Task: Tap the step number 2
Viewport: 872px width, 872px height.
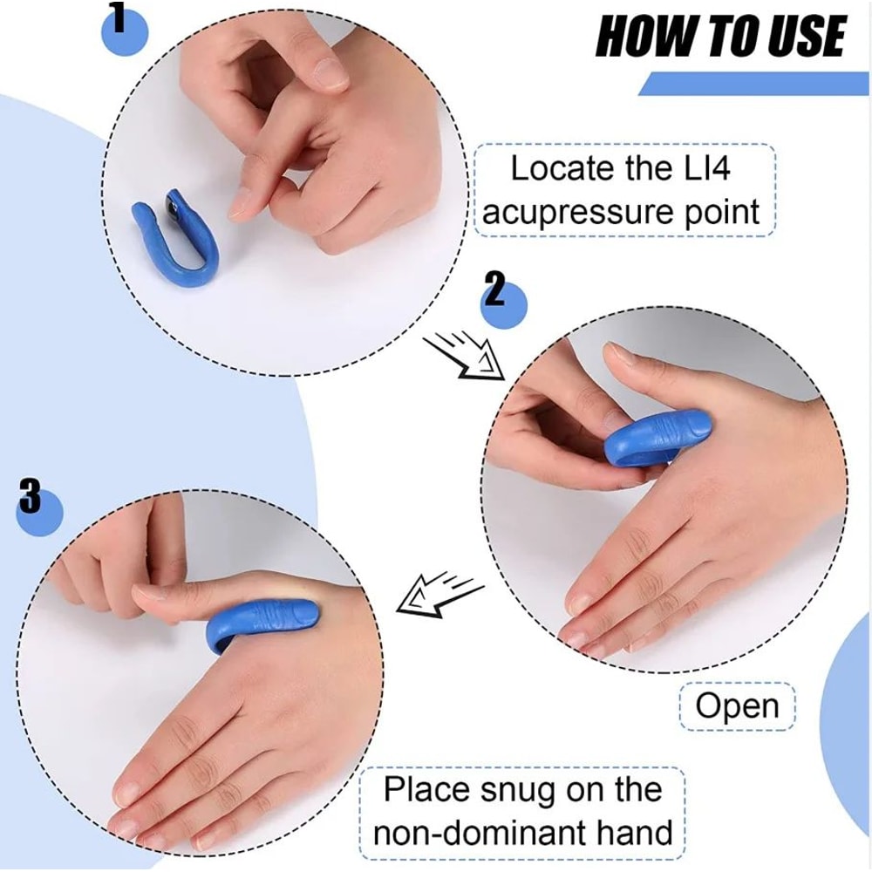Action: click(x=494, y=290)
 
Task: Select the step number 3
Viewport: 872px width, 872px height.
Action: click(x=31, y=499)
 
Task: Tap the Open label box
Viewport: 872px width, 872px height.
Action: click(x=737, y=706)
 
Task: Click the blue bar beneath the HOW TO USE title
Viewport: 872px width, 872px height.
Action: click(x=754, y=84)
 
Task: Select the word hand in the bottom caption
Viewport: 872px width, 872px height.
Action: click(x=635, y=832)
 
